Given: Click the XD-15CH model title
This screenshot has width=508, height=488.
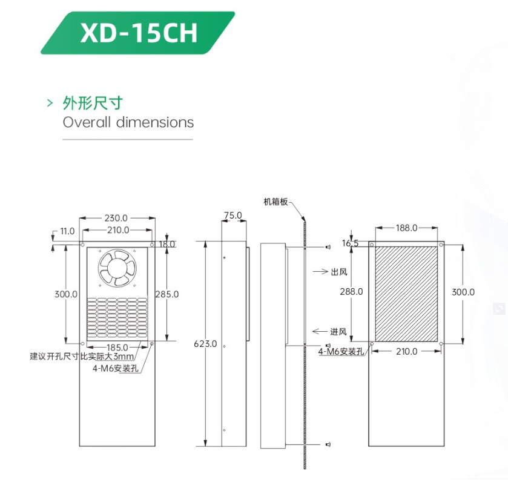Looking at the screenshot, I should pyautogui.click(x=139, y=33).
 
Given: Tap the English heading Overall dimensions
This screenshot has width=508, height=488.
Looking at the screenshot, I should pyautogui.click(x=128, y=122).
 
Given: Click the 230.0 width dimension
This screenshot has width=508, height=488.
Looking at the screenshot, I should pyautogui.click(x=116, y=218).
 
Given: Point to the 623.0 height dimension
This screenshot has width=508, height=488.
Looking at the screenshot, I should pyautogui.click(x=205, y=344).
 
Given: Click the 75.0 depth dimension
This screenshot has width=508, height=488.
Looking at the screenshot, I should pyautogui.click(x=233, y=215).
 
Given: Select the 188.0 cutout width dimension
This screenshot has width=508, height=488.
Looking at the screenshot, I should pyautogui.click(x=406, y=228).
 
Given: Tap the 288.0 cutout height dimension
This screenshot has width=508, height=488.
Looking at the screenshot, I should pyautogui.click(x=351, y=291).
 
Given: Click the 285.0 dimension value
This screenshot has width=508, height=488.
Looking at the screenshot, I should pyautogui.click(x=167, y=294).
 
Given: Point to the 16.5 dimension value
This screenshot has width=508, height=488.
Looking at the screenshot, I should pyautogui.click(x=350, y=243).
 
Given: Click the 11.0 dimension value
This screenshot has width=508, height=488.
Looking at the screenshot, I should pyautogui.click(x=67, y=231).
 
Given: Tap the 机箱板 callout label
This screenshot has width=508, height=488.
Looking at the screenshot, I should pyautogui.click(x=275, y=201).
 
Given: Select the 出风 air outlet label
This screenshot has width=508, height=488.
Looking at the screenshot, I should pyautogui.click(x=338, y=272).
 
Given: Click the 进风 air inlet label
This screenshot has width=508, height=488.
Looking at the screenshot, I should pyautogui.click(x=338, y=331).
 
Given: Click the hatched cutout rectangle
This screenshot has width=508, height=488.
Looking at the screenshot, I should pyautogui.click(x=406, y=292).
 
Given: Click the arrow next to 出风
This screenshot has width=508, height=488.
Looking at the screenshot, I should pyautogui.click(x=321, y=272).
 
